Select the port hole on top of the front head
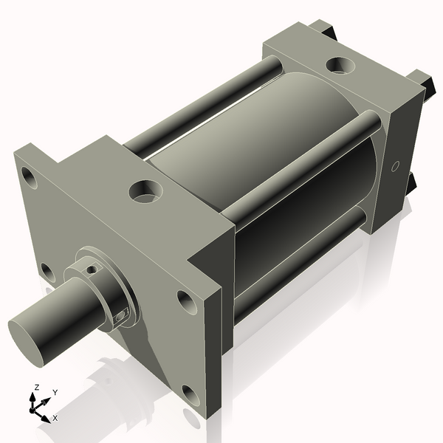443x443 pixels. (x=144, y=192)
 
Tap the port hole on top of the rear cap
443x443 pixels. (x=342, y=66)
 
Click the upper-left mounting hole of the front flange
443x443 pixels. (x=30, y=178)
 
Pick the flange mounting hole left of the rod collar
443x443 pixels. (x=47, y=272)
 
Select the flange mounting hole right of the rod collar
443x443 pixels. (x=183, y=299)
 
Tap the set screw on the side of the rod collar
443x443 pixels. (x=122, y=317)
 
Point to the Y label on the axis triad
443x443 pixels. (x=55, y=392)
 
